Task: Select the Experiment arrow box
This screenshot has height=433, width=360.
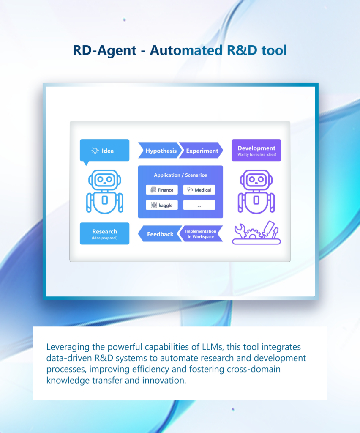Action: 201,151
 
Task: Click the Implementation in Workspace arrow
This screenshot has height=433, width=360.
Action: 201,234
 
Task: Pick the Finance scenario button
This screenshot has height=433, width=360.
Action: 162,190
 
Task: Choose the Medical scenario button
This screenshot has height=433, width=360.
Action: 199,190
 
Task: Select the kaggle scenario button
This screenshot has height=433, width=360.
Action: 162,205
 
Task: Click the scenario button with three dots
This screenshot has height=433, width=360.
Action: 199,205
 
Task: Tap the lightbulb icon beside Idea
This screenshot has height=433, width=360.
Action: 95,151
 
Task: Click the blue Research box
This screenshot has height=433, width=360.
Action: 104,233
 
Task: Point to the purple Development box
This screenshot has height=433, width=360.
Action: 256,150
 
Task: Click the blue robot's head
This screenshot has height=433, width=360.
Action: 104,180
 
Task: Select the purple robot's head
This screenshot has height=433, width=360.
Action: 256,180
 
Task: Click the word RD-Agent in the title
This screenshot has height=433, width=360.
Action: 105,50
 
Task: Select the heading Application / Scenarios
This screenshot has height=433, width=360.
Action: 180,175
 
